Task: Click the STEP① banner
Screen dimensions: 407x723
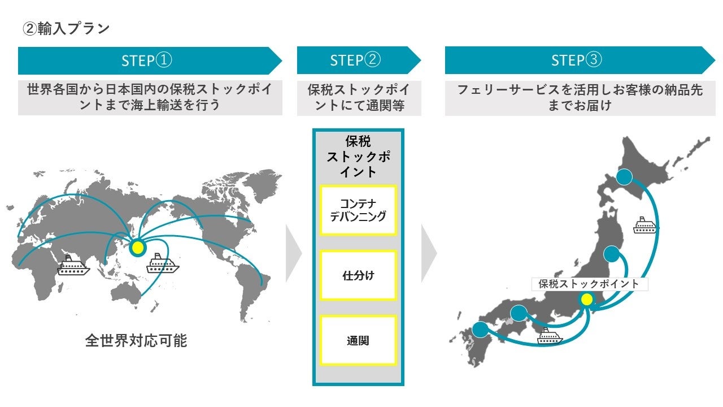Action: [x=147, y=60]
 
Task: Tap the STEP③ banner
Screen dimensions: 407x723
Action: [x=576, y=60]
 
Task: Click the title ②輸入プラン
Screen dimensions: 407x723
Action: [x=66, y=29]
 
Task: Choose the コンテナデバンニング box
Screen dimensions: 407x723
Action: [x=358, y=210]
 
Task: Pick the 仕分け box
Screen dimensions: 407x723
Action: [x=358, y=276]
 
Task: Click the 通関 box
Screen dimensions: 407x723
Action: [x=358, y=341]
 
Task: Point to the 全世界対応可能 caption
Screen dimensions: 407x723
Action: [x=136, y=341]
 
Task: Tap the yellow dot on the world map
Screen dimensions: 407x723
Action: [x=138, y=248]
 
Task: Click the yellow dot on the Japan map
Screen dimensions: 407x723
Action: [x=587, y=299]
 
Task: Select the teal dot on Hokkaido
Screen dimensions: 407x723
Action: [x=624, y=177]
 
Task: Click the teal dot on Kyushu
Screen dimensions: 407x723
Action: [x=480, y=330]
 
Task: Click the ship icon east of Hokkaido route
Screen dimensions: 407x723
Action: [x=646, y=224]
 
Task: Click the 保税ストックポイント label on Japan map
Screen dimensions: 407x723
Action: [x=589, y=284]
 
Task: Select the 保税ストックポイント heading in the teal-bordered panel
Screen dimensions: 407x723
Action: [x=358, y=157]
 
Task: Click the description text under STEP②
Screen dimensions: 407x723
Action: [x=359, y=97]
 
